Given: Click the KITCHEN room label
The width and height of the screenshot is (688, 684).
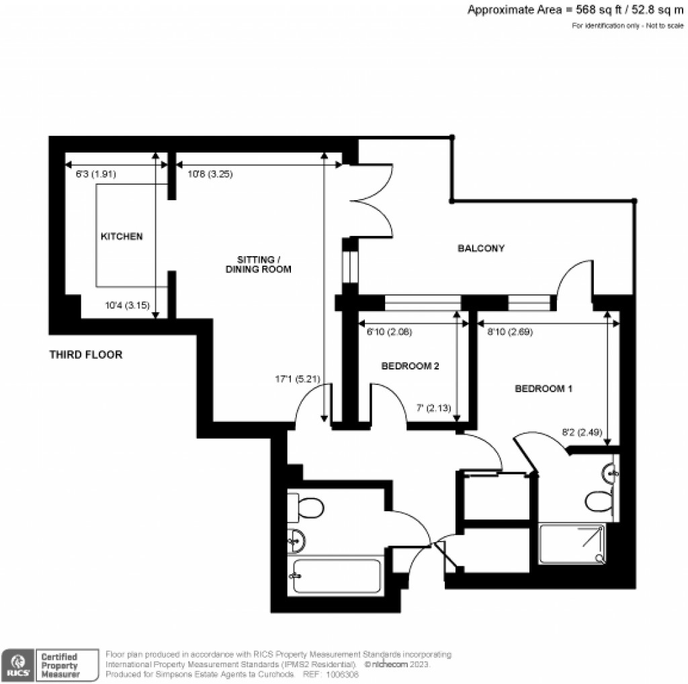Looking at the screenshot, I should pyautogui.click(x=122, y=237).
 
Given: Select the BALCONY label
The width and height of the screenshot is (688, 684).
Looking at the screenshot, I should pyautogui.click(x=481, y=248).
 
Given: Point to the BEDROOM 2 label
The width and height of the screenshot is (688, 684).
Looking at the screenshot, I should pyautogui.click(x=410, y=366).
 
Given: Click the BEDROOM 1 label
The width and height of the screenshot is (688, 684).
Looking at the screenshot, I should pyautogui.click(x=544, y=388).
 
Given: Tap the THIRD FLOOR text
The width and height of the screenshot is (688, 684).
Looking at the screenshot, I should pyautogui.click(x=86, y=355).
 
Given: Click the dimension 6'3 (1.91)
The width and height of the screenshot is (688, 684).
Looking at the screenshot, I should pyautogui.click(x=95, y=174).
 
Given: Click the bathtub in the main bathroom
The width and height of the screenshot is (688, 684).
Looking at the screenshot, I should pyautogui.click(x=336, y=576).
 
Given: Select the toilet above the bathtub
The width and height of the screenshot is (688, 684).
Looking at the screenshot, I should pyautogui.click(x=307, y=507).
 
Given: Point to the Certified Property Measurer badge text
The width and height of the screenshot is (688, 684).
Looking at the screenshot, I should pyautogui.click(x=60, y=665).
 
